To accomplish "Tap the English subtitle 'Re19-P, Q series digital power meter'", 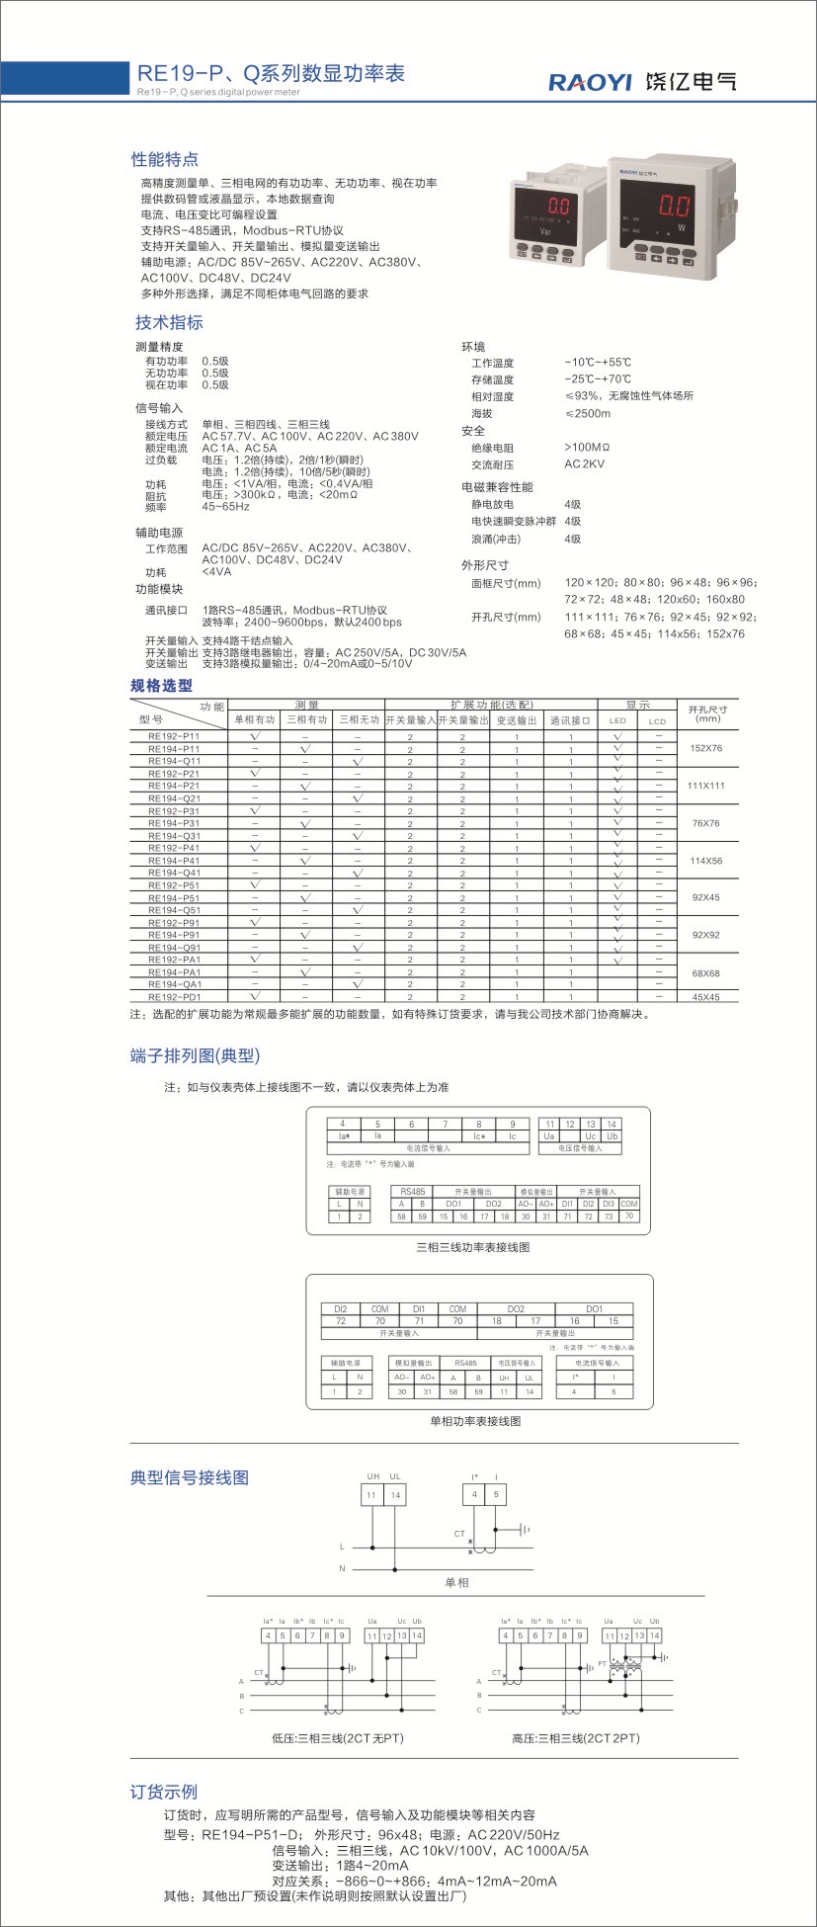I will tap(218, 92).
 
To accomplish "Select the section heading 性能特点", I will tap(165, 159).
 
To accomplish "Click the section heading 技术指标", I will tap(169, 322).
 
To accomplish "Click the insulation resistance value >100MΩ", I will tap(587, 448).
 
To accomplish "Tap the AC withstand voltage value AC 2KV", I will tap(584, 463).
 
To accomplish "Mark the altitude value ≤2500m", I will tap(587, 413).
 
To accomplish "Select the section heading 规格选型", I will tap(162, 685).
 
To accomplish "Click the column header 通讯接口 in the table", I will tap(570, 720).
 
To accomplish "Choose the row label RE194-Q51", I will tap(174, 910).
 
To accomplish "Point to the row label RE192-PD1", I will tap(174, 997).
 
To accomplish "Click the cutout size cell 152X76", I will tap(705, 748).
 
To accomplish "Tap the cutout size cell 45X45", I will tap(705, 997).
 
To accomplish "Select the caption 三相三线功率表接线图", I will tap(472, 1247).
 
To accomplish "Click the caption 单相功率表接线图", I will tap(474, 1421).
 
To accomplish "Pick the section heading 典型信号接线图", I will tap(190, 1477).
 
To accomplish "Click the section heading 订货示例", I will tap(164, 1792).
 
